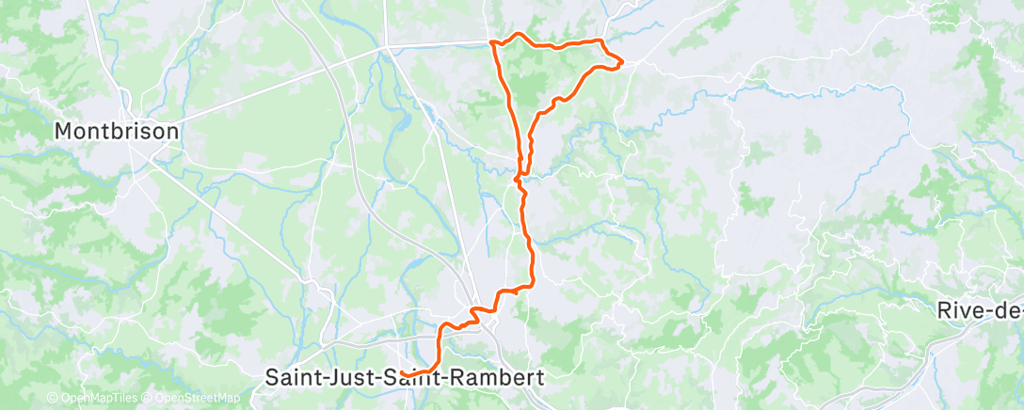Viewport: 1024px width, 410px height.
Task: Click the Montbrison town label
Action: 117,132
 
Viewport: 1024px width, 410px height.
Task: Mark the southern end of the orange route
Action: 403,373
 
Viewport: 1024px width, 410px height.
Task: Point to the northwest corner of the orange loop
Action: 493,42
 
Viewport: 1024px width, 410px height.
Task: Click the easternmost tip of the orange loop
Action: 622,62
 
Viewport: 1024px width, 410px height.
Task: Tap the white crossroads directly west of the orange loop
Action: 387,45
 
